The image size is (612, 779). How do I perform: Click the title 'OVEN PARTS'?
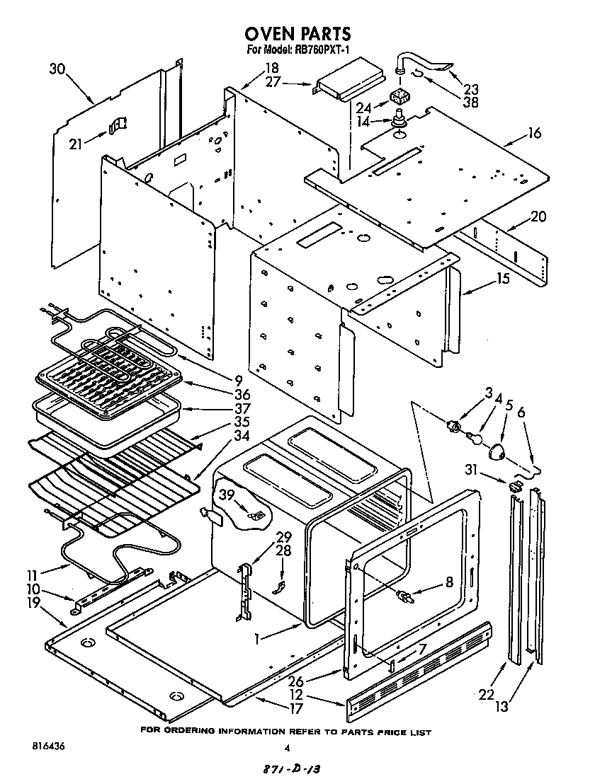click(297, 33)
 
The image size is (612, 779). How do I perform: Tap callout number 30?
click(58, 69)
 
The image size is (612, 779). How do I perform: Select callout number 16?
click(534, 132)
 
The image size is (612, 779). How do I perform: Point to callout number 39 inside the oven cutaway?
click(227, 495)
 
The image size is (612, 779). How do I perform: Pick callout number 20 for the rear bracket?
click(538, 217)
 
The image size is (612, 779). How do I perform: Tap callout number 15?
click(502, 279)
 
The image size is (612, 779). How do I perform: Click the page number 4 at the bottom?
click(286, 748)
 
